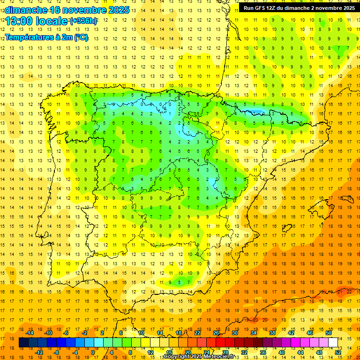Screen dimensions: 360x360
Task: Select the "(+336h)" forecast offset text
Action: (83, 21)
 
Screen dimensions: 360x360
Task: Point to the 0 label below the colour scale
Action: (93, 352)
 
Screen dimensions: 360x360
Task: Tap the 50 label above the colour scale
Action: (328, 332)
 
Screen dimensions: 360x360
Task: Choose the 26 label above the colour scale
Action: (216, 332)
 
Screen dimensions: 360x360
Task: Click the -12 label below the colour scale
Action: (40, 352)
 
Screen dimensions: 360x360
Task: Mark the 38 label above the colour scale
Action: (272, 332)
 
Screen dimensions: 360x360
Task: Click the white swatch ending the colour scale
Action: (333, 343)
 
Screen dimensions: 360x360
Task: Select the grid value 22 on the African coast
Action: (349, 292)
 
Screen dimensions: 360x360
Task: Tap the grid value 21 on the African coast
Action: (340, 292)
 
